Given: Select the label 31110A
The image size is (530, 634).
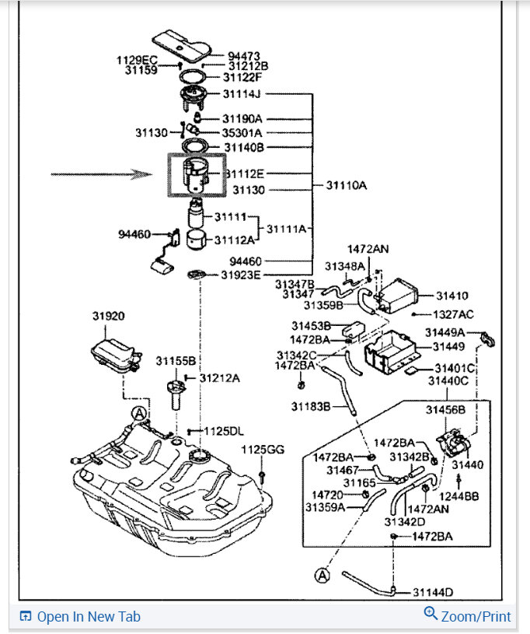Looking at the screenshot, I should (x=346, y=186).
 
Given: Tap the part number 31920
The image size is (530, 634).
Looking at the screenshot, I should (x=108, y=317).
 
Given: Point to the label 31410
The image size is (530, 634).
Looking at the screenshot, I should (x=452, y=296).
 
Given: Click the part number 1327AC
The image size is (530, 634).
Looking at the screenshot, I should (x=454, y=314).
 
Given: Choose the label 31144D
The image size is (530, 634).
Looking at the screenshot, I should (x=434, y=592).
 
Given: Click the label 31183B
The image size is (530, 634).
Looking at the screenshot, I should (x=312, y=406).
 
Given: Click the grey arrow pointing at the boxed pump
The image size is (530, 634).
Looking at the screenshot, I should (x=130, y=174).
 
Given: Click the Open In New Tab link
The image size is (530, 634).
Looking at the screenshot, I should (x=89, y=617).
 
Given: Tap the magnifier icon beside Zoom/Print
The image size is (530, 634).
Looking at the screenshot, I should (x=431, y=615).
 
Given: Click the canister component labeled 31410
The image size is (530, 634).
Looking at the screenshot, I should (x=401, y=296).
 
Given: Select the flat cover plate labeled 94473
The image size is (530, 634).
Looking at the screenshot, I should (x=180, y=44).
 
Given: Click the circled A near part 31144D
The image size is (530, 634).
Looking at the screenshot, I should (x=322, y=576).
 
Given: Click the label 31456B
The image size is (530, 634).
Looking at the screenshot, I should (x=446, y=410).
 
